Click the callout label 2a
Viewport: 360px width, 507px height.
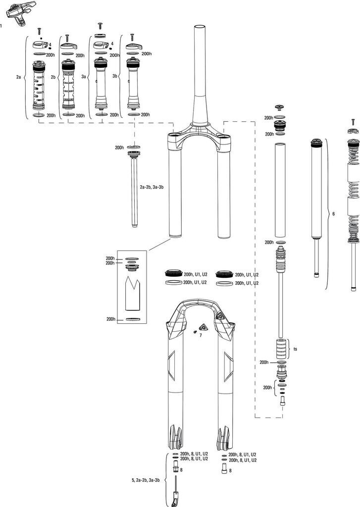point(19,78)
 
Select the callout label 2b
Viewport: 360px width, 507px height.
point(52,78)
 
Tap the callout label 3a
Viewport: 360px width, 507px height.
point(84,78)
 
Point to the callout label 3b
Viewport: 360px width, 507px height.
point(115,77)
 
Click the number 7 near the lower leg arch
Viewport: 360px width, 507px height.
point(201,335)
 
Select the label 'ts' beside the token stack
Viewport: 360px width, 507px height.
point(295,349)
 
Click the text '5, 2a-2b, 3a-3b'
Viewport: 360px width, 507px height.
point(146,480)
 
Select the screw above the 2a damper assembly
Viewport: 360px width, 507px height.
point(39,32)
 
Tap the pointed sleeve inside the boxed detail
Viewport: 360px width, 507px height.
point(133,292)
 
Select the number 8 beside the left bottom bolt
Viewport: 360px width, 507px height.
point(182,469)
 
